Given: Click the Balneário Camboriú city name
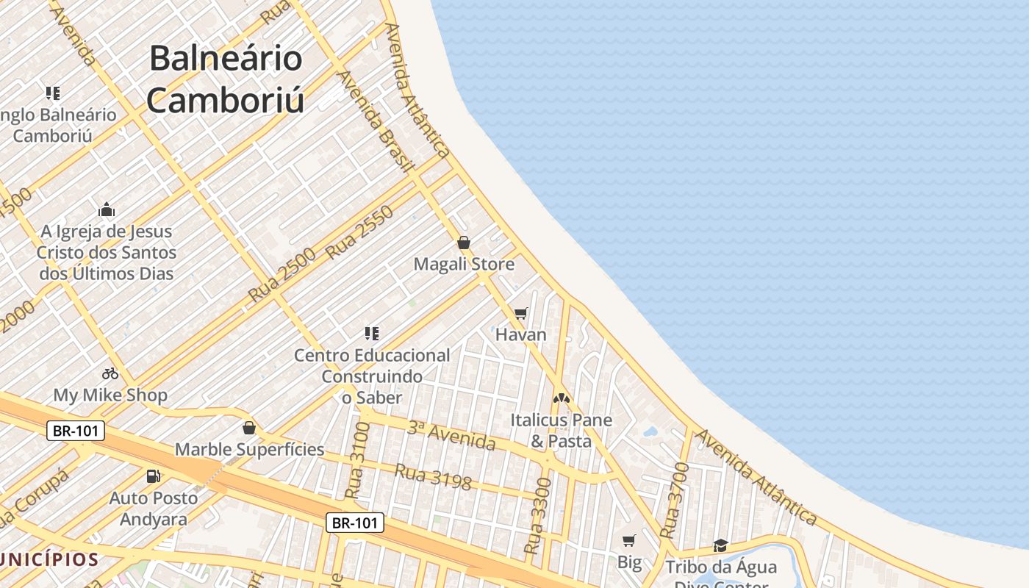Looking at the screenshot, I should pos(226,79).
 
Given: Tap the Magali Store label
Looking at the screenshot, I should pos(464,264).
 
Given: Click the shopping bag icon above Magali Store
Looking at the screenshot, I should pos(464,242).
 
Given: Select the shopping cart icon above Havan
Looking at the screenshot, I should pos(521,314).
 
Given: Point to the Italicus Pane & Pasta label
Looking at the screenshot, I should pos(562,431).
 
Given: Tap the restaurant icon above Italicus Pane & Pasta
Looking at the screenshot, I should pos(562,398).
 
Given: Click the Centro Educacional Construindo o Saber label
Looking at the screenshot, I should pos(372,376).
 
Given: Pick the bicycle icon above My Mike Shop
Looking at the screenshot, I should pos(110,373).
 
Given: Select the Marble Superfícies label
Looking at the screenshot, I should pos(249,449).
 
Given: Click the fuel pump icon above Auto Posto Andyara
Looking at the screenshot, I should pos(154,476).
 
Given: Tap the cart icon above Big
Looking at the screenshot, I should pos(629,541).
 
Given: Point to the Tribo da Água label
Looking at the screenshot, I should pos(720,567).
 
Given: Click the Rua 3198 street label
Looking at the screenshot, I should pos(433,476).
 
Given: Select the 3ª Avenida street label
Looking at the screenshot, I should pos(451,435).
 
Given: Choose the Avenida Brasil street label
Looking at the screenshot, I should pos(374,121).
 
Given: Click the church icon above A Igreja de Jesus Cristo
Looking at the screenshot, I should pos(107,210).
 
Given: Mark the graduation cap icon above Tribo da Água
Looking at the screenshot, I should pos(720,545).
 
